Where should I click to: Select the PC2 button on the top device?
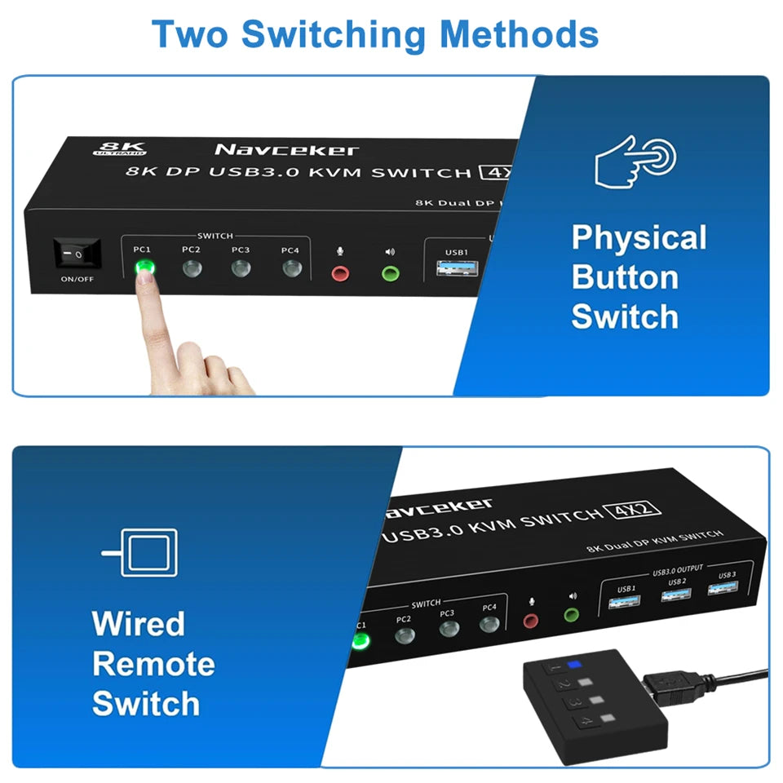click(x=192, y=268)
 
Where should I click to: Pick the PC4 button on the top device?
click(x=291, y=268)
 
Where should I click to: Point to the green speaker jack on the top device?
click(x=390, y=272)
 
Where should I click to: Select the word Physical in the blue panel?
click(x=639, y=238)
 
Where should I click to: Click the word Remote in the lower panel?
click(x=153, y=664)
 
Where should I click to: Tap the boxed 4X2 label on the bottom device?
click(x=633, y=511)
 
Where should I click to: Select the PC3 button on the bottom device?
click(x=448, y=629)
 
